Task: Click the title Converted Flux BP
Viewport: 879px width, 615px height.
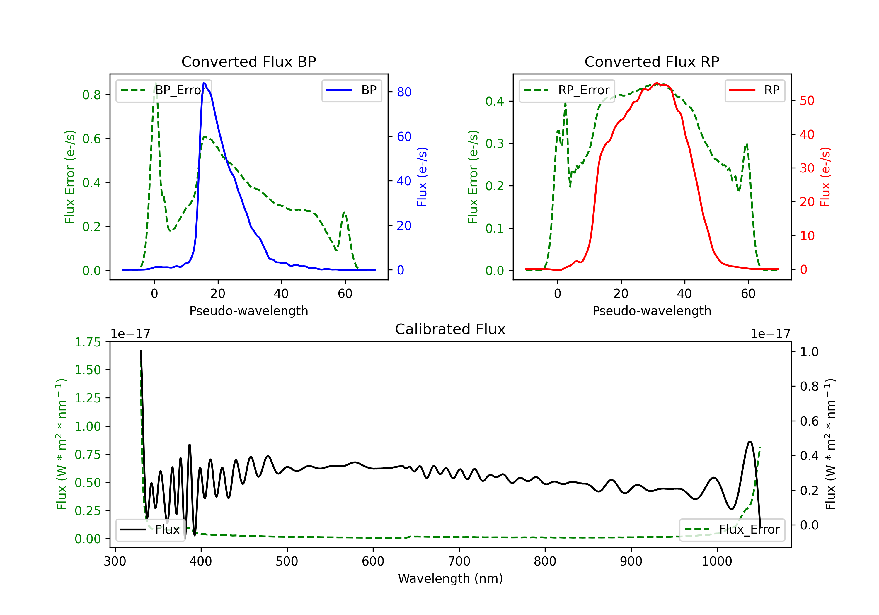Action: tap(248, 61)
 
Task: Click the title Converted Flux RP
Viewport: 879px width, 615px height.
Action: tap(652, 61)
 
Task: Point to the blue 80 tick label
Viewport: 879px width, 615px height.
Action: tap(404, 92)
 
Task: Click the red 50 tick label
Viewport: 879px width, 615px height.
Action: tap(807, 101)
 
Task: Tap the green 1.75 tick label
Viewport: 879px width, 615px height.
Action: tap(88, 342)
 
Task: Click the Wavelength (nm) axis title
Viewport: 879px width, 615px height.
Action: tap(450, 578)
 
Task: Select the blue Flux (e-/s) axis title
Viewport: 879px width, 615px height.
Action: tap(422, 177)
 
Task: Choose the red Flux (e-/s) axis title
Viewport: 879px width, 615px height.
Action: tap(825, 177)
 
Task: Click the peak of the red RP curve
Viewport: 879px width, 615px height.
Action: tap(657, 83)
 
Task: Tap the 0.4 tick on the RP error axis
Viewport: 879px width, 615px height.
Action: tap(494, 101)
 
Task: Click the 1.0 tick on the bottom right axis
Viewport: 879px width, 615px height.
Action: tap(809, 352)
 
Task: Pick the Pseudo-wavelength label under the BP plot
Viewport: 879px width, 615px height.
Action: tap(248, 311)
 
